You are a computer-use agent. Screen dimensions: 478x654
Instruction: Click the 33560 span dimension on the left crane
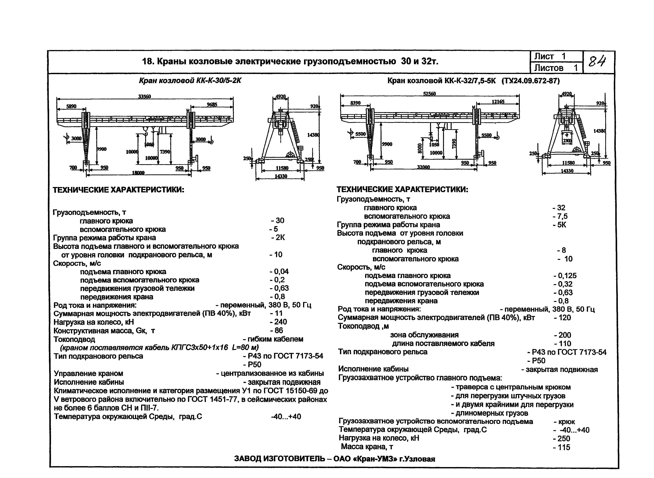pyautogui.click(x=144, y=97)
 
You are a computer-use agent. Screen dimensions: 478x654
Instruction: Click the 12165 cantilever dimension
pyautogui.click(x=498, y=102)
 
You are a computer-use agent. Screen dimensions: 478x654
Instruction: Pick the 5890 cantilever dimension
pyautogui.click(x=71, y=106)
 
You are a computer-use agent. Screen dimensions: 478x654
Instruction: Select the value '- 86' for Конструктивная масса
pyautogui.click(x=277, y=330)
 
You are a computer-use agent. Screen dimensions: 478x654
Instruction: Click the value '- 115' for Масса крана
pyautogui.click(x=561, y=447)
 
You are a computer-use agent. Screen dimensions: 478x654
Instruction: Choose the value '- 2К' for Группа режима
pyautogui.click(x=278, y=238)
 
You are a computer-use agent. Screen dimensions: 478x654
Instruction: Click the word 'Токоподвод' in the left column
pyautogui.click(x=74, y=339)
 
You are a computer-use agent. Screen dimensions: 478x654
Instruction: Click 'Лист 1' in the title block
pyautogui.click(x=550, y=56)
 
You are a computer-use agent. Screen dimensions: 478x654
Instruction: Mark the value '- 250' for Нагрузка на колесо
pyautogui.click(x=561, y=439)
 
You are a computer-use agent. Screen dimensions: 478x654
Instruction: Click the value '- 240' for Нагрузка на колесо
pyautogui.click(x=278, y=322)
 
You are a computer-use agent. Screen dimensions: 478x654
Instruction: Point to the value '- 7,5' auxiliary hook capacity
pyautogui.click(x=560, y=216)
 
